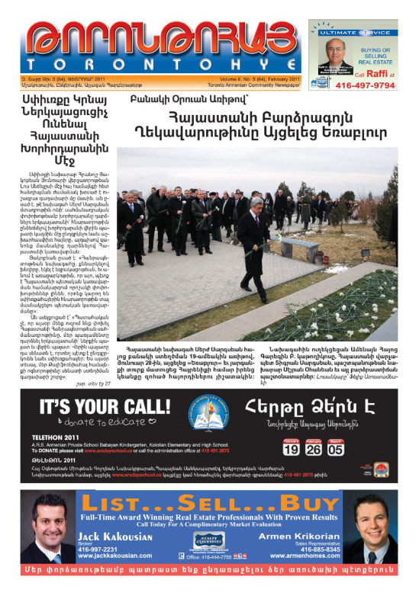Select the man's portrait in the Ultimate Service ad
pos(334,54)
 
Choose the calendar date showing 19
pos(291,448)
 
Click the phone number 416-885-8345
pos(318,549)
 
